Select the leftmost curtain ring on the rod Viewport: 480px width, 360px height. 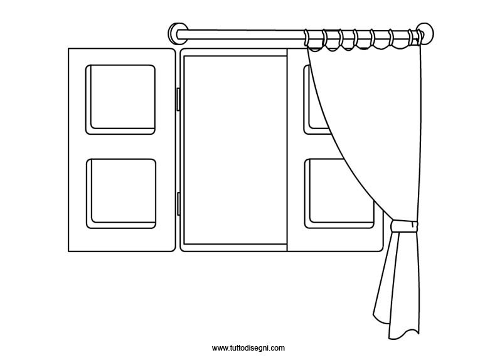pyautogui.click(x=311, y=39)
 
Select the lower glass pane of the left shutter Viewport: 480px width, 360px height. pyautogui.click(x=120, y=191)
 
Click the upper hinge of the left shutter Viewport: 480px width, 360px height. pyautogui.click(x=178, y=99)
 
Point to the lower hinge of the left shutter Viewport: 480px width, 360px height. pyautogui.click(x=178, y=204)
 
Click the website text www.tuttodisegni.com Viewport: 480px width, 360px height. pyautogui.click(x=248, y=348)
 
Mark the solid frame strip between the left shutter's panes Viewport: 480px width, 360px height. pyautogui.click(x=120, y=146)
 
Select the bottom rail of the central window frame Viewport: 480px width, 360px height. pyautogui.click(x=233, y=248)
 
